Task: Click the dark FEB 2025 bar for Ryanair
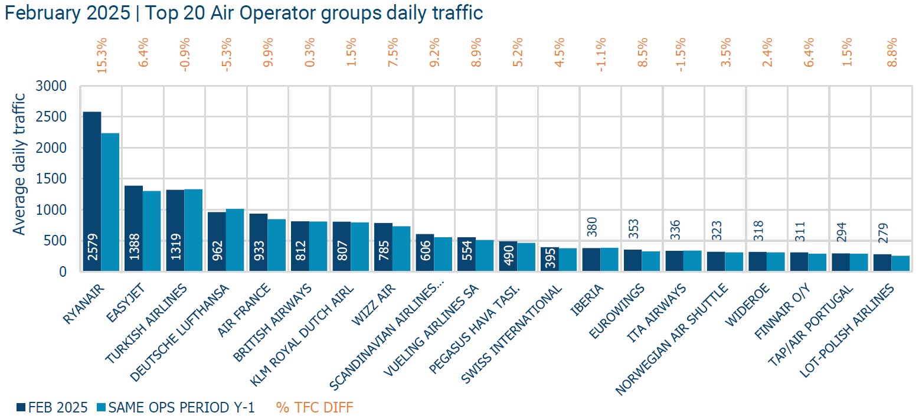(92, 189)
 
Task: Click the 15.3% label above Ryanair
(102, 57)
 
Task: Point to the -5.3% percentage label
(227, 57)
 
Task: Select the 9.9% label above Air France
(268, 57)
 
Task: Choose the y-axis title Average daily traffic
(20, 163)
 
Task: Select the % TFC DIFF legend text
(314, 407)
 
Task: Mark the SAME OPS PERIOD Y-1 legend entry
(175, 407)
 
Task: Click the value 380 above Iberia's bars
(591, 224)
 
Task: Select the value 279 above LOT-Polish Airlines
(882, 235)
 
